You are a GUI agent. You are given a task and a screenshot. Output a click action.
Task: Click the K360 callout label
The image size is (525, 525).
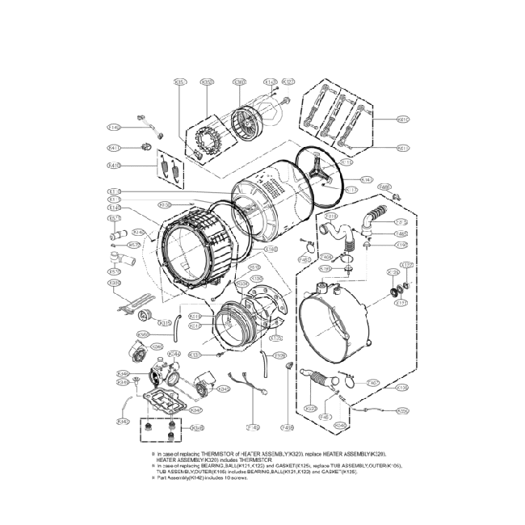[x=239, y=82]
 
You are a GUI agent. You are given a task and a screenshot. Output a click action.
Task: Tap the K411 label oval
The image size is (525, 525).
[x=114, y=148]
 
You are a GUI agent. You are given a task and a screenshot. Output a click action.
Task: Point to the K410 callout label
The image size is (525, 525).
[x=114, y=166]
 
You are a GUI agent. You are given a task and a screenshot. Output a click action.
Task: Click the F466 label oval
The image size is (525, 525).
[x=385, y=187]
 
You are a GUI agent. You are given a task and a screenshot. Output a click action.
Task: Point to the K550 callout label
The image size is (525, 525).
[x=402, y=411]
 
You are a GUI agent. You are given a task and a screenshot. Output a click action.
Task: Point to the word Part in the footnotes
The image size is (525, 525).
[x=162, y=478]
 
